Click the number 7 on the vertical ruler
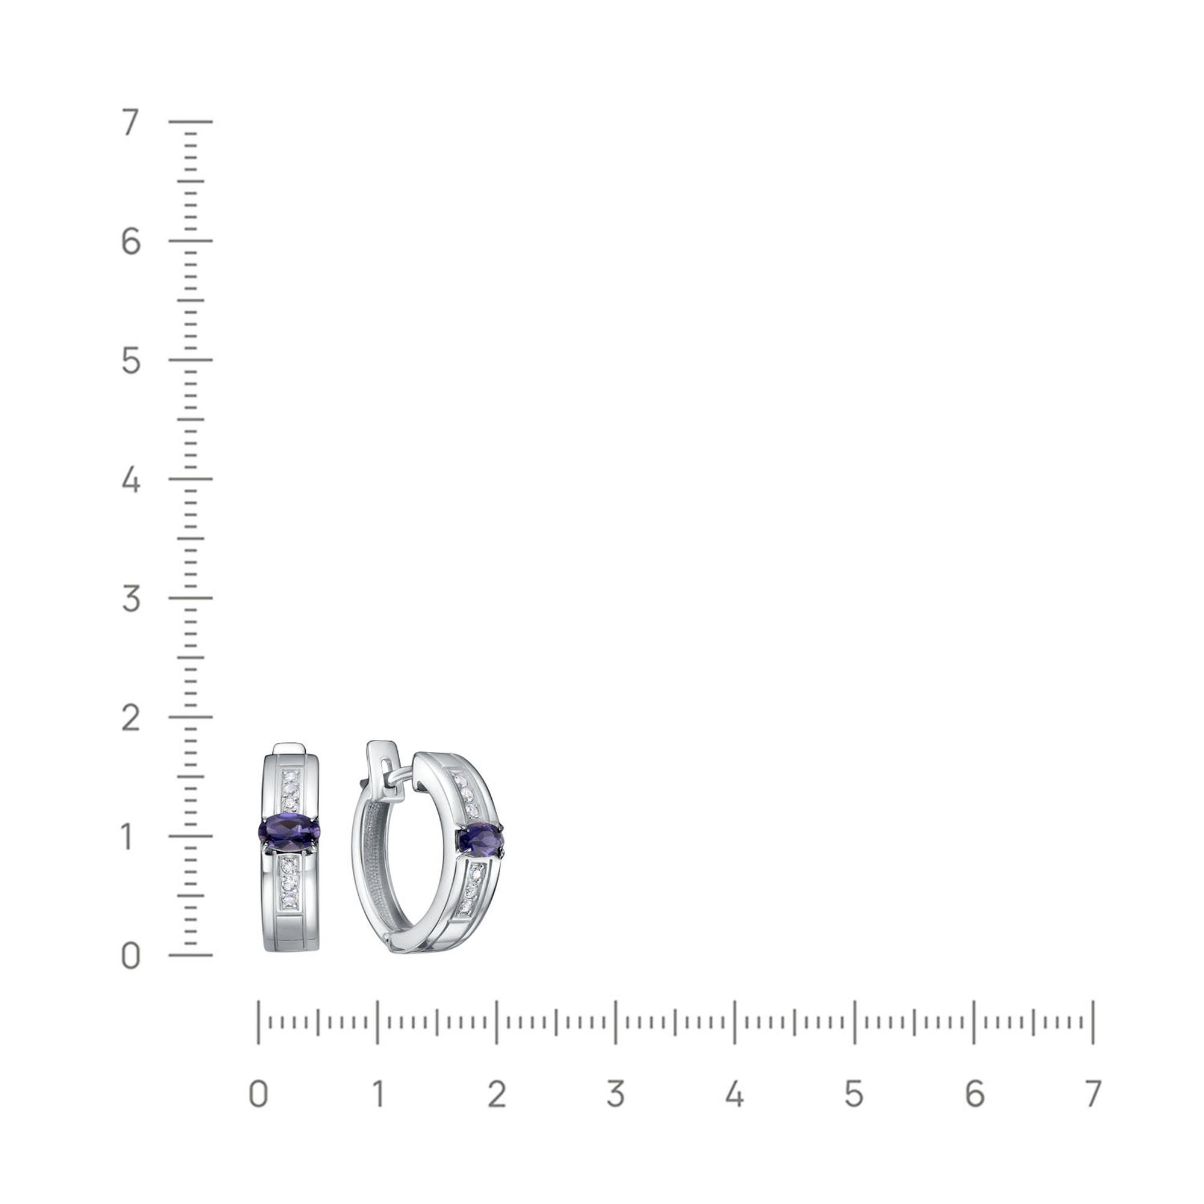pos(130,122)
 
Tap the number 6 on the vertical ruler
pos(130,241)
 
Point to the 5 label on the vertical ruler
pos(130,360)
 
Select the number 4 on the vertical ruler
pos(130,480)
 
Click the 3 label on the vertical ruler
pos(130,598)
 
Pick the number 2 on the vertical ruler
pos(130,718)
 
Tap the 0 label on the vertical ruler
pos(130,956)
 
